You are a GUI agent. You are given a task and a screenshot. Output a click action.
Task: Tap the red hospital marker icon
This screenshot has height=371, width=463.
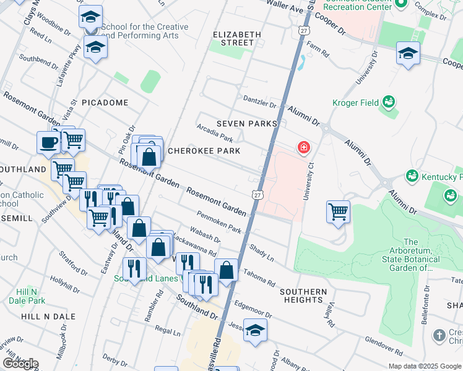click(303, 147)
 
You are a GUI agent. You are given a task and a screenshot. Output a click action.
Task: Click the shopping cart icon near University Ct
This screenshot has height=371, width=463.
click(338, 211)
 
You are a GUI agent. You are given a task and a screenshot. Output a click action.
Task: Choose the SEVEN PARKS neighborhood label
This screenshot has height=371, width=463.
click(246, 124)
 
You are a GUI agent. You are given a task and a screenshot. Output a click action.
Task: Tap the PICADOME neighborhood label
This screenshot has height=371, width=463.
click(105, 103)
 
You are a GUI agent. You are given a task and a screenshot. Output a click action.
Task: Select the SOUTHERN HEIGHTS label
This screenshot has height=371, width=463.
click(303, 296)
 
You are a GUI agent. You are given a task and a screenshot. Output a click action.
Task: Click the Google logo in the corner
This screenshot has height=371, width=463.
click(20, 364)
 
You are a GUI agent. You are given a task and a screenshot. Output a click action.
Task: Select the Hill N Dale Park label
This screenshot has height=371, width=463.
click(31, 296)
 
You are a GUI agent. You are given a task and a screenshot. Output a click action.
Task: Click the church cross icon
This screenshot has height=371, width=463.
click(439, 335)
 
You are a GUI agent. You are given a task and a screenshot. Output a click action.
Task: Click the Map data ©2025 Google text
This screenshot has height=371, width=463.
click(425, 366)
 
